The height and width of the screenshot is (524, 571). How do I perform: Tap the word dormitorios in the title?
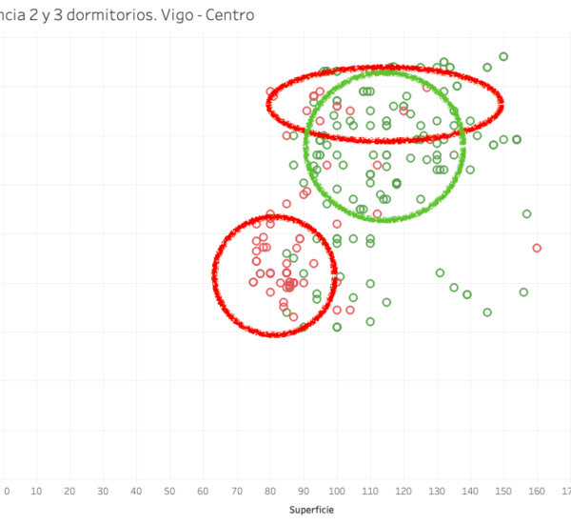pyautogui.click(x=119, y=16)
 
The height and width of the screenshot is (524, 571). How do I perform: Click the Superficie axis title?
pyautogui.click(x=312, y=510)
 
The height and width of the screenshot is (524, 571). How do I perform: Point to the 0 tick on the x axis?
pyautogui.click(x=7, y=491)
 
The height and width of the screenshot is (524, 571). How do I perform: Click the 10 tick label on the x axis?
pyautogui.click(x=36, y=491)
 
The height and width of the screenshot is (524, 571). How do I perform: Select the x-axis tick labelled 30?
pyautogui.click(x=103, y=491)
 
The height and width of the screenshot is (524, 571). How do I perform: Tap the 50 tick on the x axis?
pyautogui.click(x=169, y=491)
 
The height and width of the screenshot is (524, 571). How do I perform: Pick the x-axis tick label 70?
pyautogui.click(x=236, y=491)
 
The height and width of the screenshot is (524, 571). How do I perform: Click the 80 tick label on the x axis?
pyautogui.click(x=269, y=491)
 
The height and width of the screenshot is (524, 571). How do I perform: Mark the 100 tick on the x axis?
pyautogui.click(x=336, y=491)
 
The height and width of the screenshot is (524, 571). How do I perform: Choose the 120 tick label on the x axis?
pyautogui.click(x=403, y=491)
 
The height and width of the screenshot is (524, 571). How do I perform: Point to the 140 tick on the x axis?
pyautogui.click(x=469, y=491)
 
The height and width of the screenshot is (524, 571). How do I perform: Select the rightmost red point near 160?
pyautogui.click(x=537, y=248)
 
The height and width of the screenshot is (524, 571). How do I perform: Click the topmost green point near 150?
pyautogui.click(x=503, y=56)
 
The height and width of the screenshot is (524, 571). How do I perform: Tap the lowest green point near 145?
pyautogui.click(x=487, y=312)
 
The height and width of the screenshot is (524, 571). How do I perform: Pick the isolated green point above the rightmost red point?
pyautogui.click(x=526, y=213)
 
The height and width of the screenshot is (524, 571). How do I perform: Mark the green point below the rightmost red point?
pyautogui.click(x=523, y=292)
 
